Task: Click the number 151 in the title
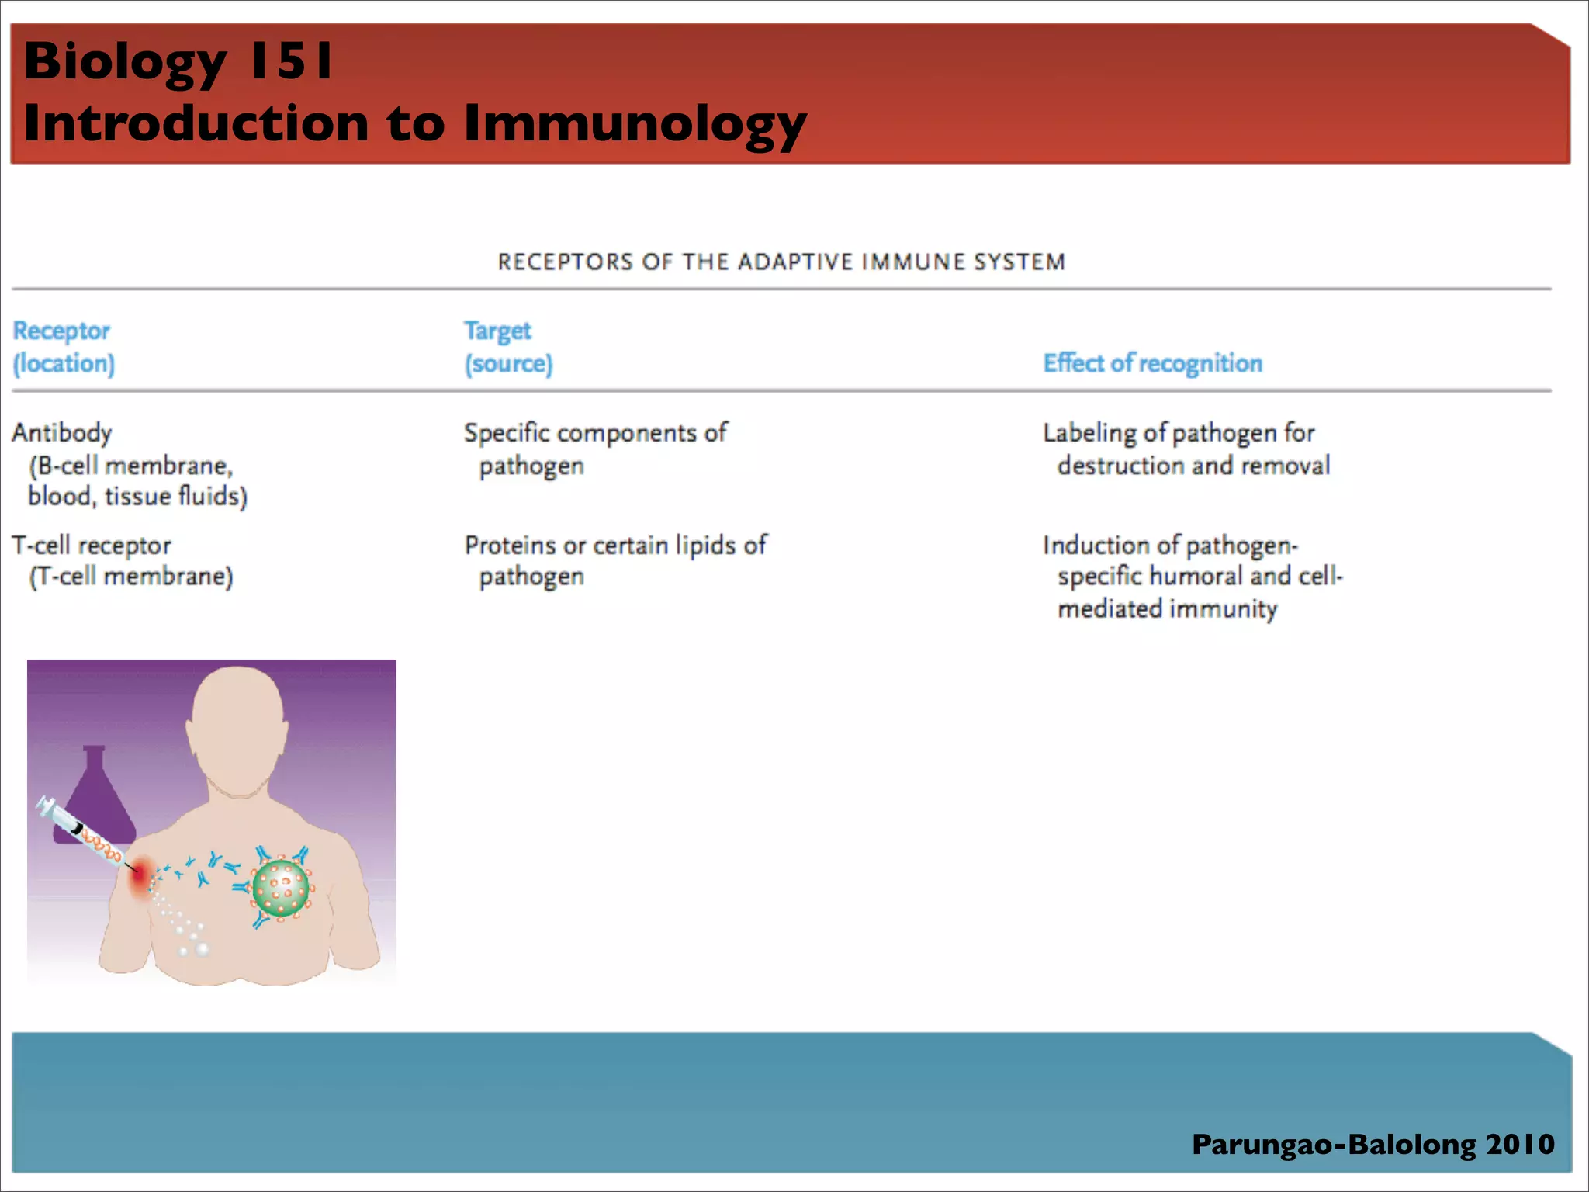pos(290,61)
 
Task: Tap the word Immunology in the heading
pos(635,124)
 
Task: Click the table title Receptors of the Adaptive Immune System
pos(781,262)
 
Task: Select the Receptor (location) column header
pos(64,347)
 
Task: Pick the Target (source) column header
pos(508,347)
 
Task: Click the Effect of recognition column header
pos(1152,363)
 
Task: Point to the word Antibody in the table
pos(62,432)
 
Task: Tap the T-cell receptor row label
pos(92,545)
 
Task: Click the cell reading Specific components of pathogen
pos(594,448)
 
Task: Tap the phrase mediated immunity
pos(1167,608)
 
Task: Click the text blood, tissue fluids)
pos(137,496)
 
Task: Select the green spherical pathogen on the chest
pos(280,888)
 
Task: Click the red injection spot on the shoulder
pos(140,877)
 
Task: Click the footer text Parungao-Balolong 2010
pos(1373,1144)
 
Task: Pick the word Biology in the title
pos(124,61)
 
